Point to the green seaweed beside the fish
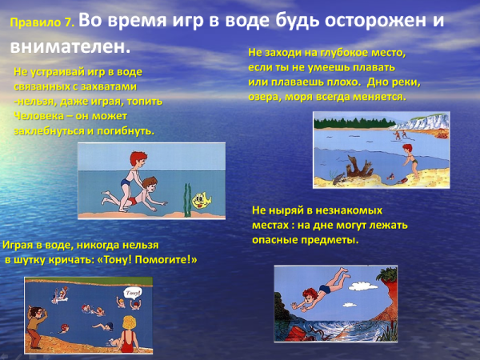coord(187,198)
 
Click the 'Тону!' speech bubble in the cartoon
coord(133,294)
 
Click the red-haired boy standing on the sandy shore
coord(409,160)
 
